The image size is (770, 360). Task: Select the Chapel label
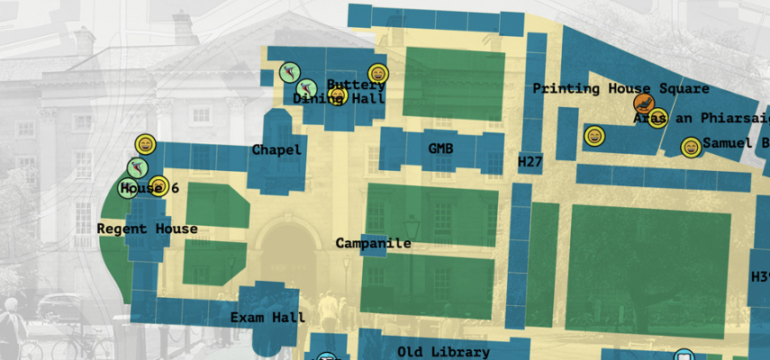tap(276, 149)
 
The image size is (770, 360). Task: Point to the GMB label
tap(440, 148)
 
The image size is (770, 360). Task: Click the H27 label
tap(530, 161)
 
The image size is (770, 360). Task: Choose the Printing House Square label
tap(621, 89)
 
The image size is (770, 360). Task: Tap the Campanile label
tap(373, 243)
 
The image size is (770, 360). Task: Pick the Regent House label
tap(147, 229)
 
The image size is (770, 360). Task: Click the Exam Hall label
tap(267, 317)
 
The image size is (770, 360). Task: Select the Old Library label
tap(443, 352)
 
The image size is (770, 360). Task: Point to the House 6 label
tap(149, 189)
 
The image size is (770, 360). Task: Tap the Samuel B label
tap(735, 143)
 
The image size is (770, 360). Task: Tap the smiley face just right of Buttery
tap(377, 75)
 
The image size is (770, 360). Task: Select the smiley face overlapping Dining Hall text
tap(339, 94)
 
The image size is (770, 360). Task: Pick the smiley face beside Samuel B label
tap(691, 148)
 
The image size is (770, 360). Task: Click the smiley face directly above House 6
tap(145, 144)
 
